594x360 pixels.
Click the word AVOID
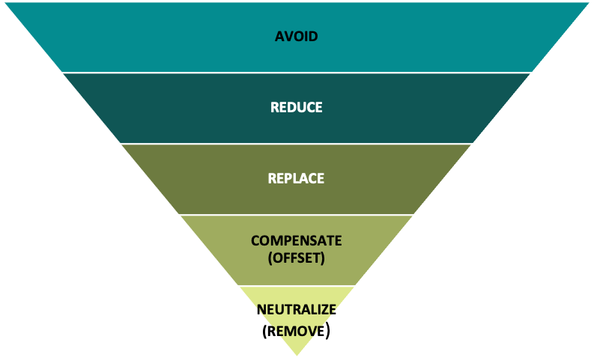[x=297, y=37]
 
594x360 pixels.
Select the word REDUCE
[x=297, y=108]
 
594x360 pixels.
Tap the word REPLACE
[x=297, y=179]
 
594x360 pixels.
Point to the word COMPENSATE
[x=297, y=241]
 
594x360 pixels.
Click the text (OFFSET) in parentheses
[x=297, y=258]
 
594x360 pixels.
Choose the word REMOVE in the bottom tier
[x=297, y=329]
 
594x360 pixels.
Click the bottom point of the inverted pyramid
[x=297, y=357]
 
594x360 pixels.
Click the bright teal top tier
[x=150, y=37]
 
